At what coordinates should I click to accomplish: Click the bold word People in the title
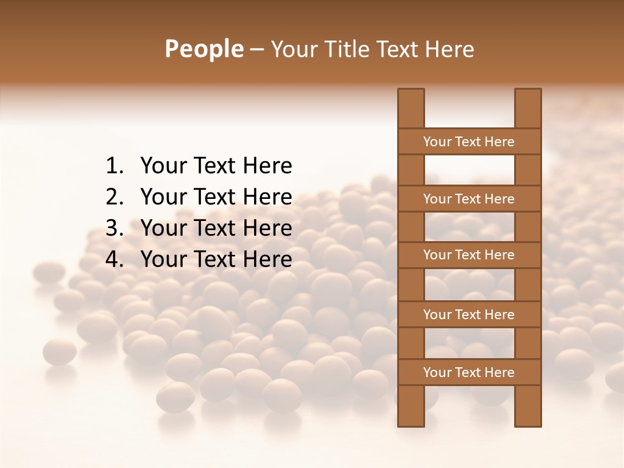point(203,49)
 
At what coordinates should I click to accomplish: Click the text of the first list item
point(216,166)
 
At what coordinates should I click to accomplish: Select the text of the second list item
point(216,197)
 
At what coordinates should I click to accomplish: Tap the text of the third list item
point(216,228)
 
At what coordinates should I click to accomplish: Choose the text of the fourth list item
point(216,259)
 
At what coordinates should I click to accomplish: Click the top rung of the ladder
point(469,142)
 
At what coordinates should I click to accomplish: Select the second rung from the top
point(469,199)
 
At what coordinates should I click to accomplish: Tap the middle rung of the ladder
point(469,255)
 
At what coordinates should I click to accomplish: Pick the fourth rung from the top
point(469,315)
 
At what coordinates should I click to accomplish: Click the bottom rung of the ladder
point(469,372)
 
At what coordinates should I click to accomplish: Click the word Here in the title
point(450,49)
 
